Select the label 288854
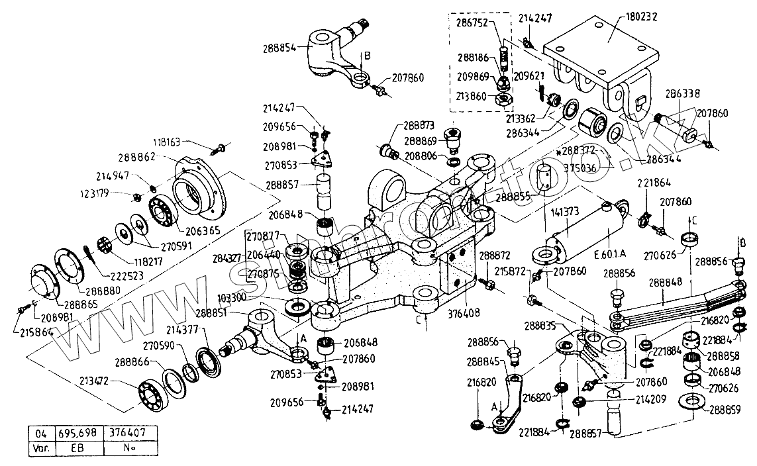289,47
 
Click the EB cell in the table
78,447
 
